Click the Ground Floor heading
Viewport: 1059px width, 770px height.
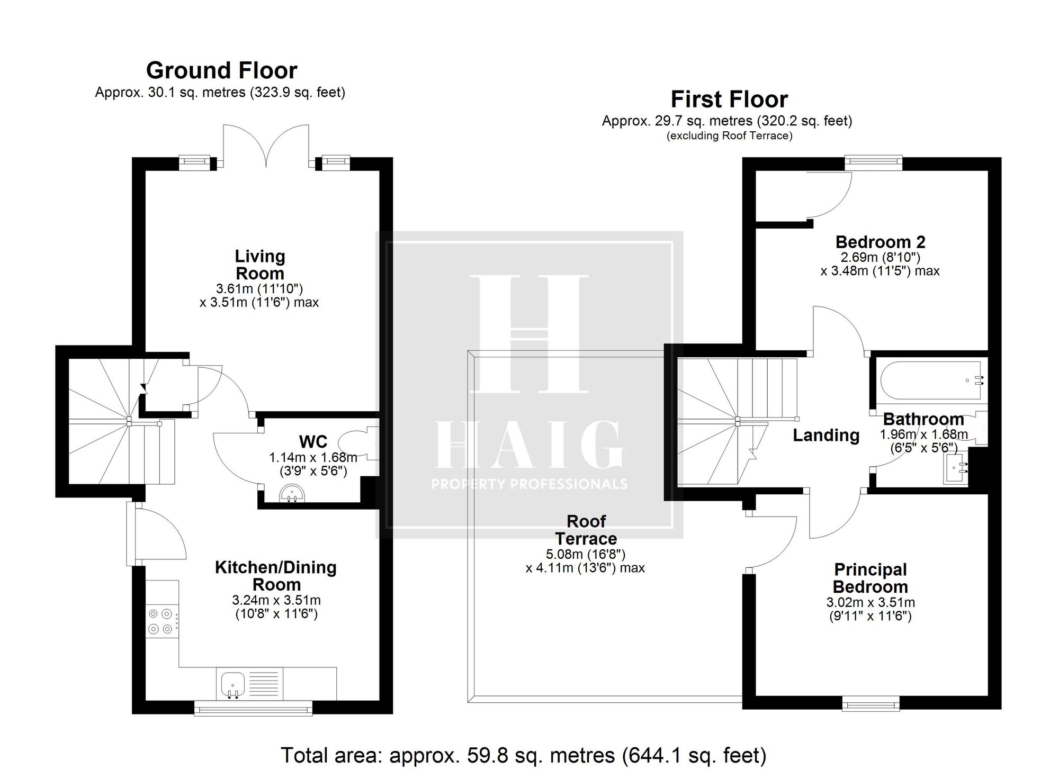[x=221, y=70]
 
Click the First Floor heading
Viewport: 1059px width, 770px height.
[x=729, y=99]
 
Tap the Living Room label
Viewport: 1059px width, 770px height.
[x=260, y=265]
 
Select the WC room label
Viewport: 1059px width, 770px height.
[x=313, y=441]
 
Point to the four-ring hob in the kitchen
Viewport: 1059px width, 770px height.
[x=161, y=621]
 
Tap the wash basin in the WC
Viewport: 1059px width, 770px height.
[x=292, y=494]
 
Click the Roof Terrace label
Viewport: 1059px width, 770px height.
[x=586, y=530]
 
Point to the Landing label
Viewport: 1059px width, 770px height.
[x=826, y=435]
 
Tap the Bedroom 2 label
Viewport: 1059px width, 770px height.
[x=880, y=242]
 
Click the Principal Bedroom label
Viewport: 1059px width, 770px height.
[x=870, y=578]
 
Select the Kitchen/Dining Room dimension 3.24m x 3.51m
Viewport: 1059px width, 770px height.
[x=276, y=601]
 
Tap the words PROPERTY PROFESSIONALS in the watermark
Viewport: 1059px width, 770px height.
[x=529, y=484]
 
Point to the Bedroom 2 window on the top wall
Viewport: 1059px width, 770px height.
[x=874, y=163]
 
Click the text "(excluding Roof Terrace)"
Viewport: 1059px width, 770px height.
[x=730, y=135]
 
